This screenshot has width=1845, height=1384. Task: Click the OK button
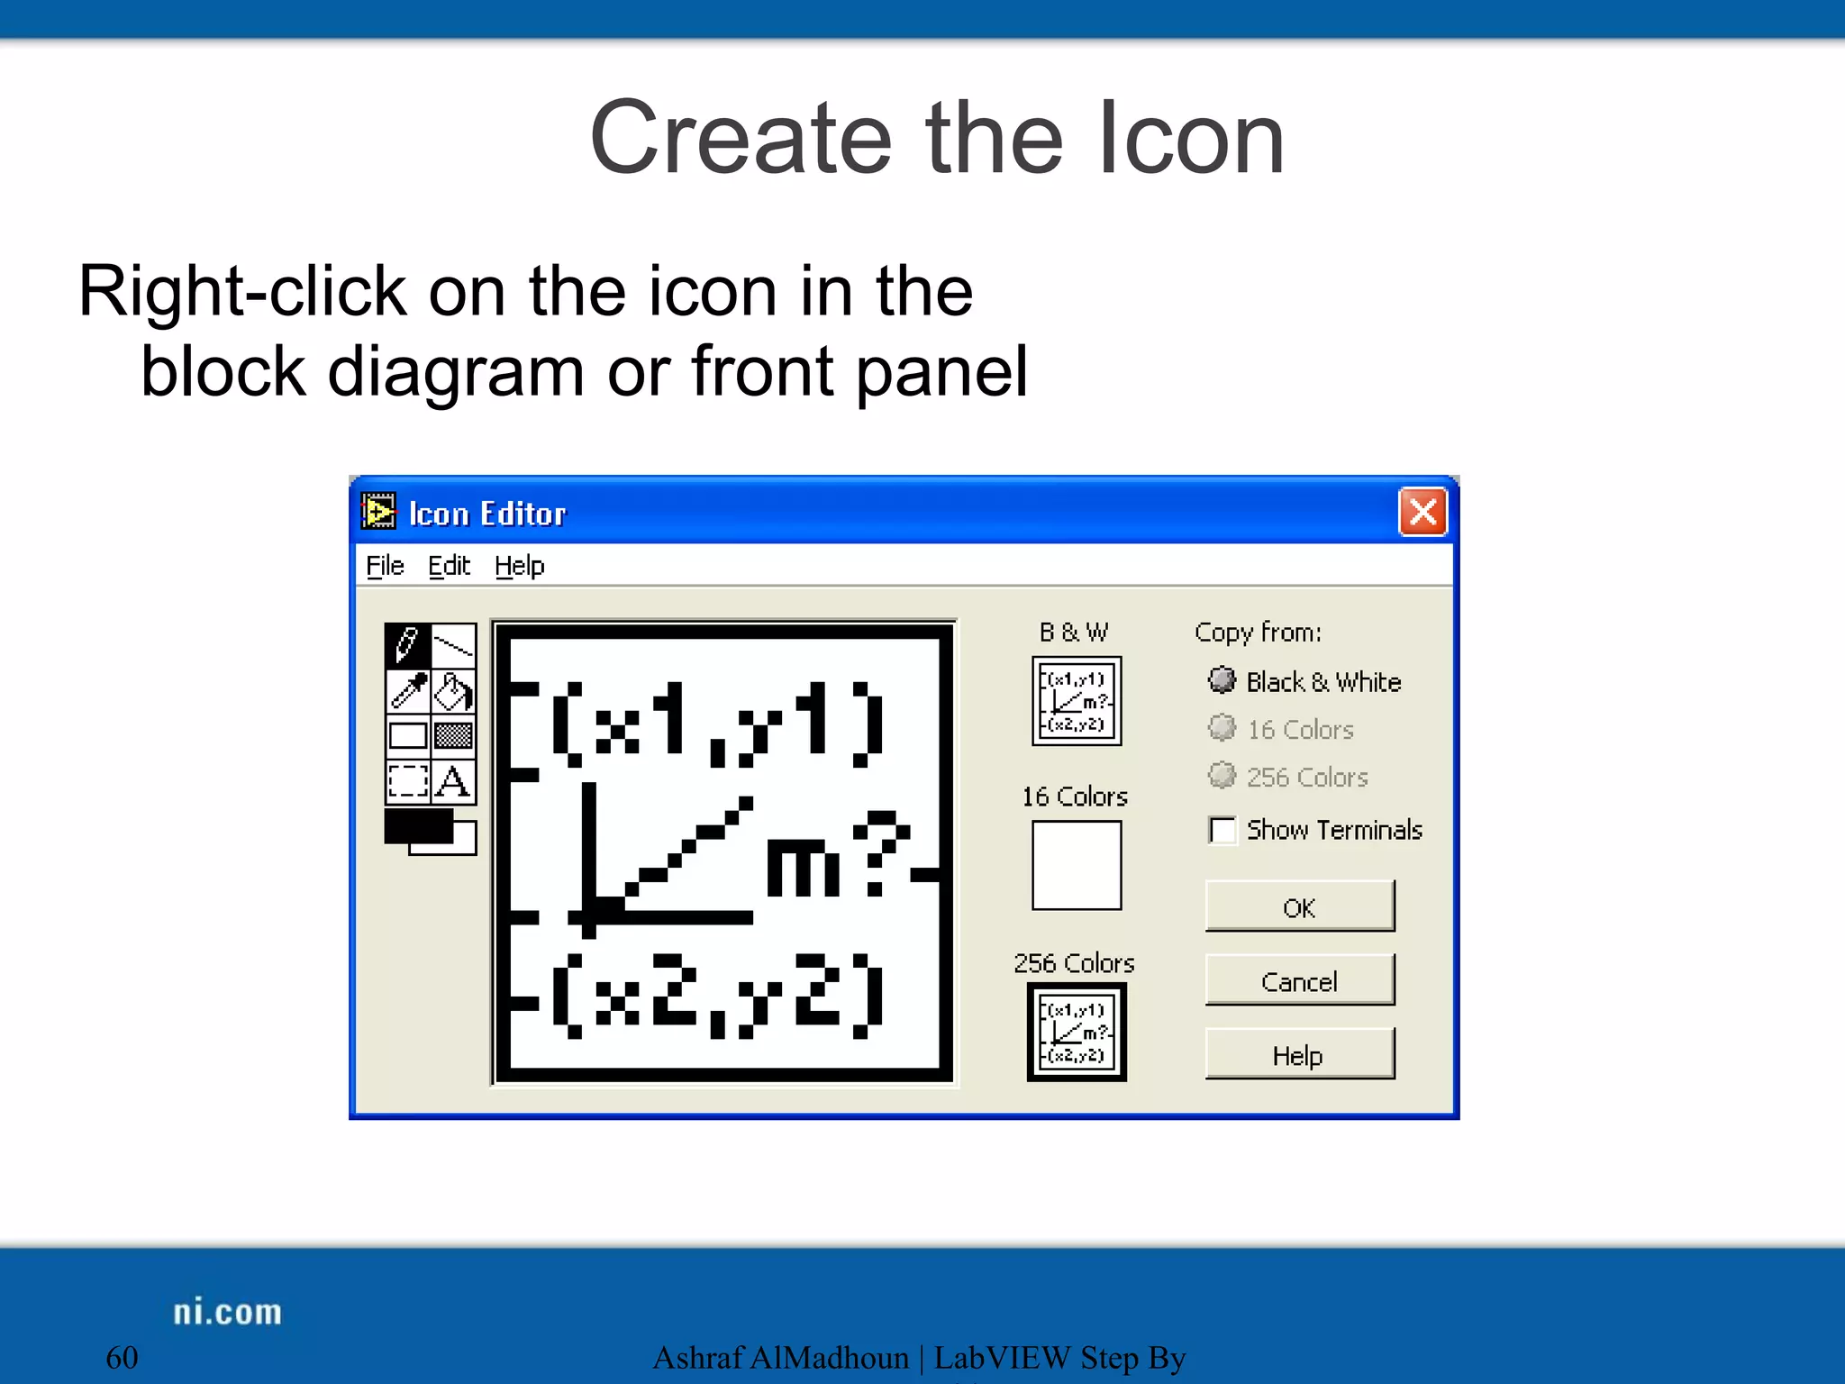tap(1299, 906)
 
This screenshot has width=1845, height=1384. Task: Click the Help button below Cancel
tap(1299, 1054)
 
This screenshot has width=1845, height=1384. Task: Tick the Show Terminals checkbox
tap(1222, 830)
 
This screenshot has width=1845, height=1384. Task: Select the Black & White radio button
tap(1222, 680)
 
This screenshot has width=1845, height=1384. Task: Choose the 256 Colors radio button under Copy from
tap(1222, 776)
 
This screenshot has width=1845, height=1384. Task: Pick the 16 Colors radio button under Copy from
tap(1222, 728)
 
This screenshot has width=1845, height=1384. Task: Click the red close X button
tap(1422, 513)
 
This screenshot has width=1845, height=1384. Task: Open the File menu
tap(385, 566)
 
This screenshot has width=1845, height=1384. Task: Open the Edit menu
tap(449, 566)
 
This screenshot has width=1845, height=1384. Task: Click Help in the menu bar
tap(520, 566)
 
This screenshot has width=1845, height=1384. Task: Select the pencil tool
tap(408, 645)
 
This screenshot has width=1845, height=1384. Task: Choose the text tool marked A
tap(453, 781)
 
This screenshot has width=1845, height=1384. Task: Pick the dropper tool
tap(408, 691)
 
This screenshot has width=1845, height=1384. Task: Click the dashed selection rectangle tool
tap(408, 781)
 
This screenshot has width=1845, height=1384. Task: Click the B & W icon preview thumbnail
tap(1077, 701)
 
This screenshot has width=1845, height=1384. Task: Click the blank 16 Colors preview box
tap(1077, 865)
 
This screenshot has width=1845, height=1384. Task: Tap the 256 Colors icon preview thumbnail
tap(1077, 1032)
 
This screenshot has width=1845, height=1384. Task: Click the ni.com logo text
tap(227, 1312)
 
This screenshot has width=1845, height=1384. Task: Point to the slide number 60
tap(123, 1357)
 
